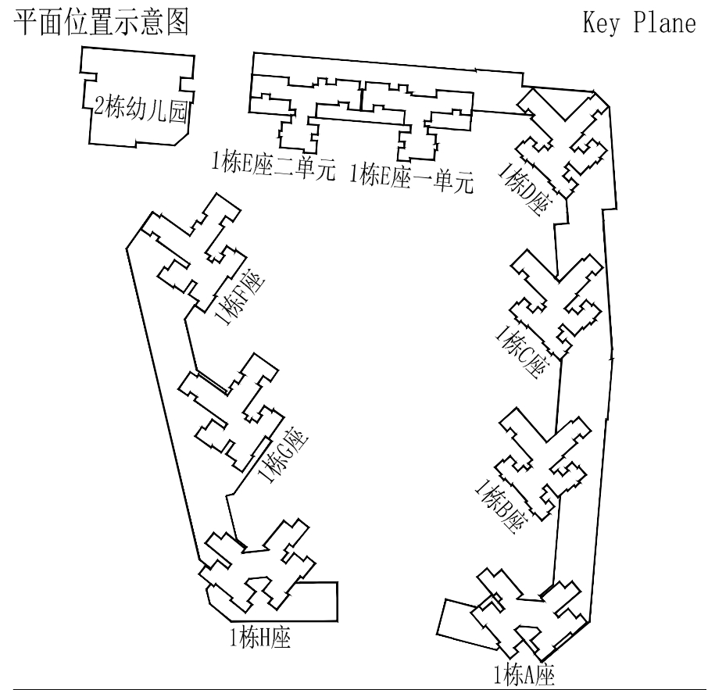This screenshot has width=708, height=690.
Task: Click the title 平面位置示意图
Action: pyautogui.click(x=101, y=23)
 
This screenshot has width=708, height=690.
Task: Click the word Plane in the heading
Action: pyautogui.click(x=665, y=23)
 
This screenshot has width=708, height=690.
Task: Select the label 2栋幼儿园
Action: pyautogui.click(x=141, y=109)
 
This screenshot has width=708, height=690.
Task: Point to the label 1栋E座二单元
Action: pyautogui.click(x=274, y=166)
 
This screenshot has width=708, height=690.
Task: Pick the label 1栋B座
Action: pyautogui.click(x=501, y=506)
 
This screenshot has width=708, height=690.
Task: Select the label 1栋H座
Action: pyautogui.click(x=260, y=638)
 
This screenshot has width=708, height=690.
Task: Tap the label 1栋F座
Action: pyautogui.click(x=240, y=298)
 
